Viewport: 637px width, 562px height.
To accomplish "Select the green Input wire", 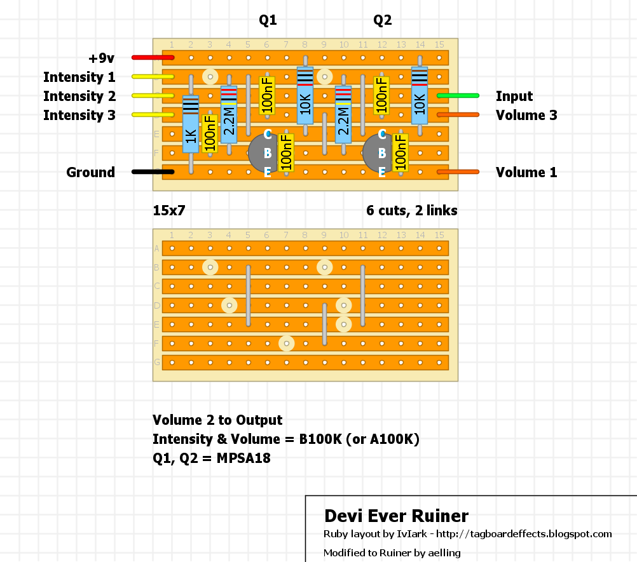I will click(458, 96).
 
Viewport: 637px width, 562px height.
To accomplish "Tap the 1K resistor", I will click(191, 124).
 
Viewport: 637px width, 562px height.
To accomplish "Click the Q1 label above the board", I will click(268, 21).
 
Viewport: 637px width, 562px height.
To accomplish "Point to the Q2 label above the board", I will click(382, 21).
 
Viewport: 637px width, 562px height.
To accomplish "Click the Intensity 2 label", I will click(79, 97).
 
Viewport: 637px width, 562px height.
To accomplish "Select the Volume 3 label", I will click(526, 116).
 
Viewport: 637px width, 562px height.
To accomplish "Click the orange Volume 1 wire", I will click(458, 172).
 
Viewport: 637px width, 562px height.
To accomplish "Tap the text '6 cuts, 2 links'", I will click(411, 210).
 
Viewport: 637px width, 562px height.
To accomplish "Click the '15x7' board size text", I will click(168, 210).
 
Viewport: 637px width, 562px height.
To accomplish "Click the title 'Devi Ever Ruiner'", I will click(396, 516).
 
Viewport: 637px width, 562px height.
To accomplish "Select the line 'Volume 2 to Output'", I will click(217, 420).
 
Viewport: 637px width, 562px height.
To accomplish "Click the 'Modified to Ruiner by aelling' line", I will click(392, 552).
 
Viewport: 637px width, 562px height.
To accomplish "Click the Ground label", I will click(91, 173).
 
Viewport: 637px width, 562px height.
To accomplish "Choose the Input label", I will click(514, 97).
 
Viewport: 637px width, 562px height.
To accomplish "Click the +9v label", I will click(101, 58).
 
